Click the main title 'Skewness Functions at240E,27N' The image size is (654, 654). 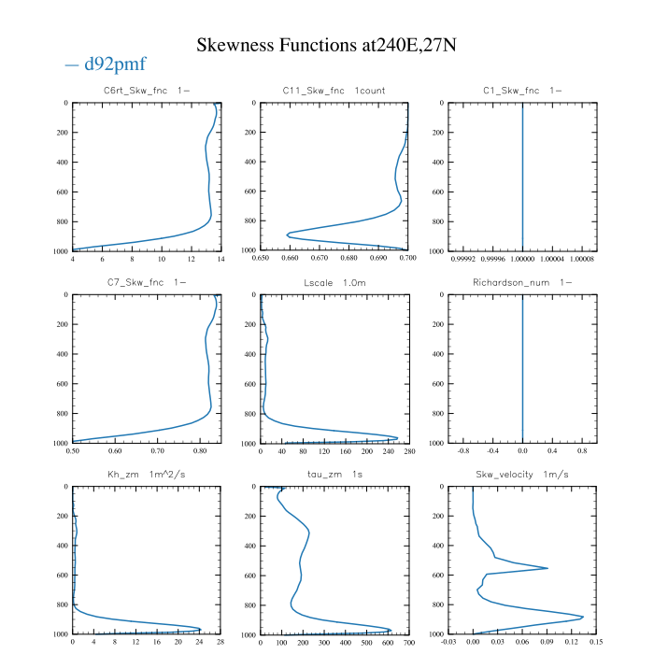pyautogui.click(x=326, y=45)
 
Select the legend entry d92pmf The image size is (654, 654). pyautogui.click(x=106, y=64)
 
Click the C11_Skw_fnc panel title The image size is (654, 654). pyautogui.click(x=334, y=91)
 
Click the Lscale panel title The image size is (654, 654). pyautogui.click(x=334, y=282)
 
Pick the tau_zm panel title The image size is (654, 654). pyautogui.click(x=334, y=475)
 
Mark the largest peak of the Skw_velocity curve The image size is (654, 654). pyautogui.click(x=583, y=617)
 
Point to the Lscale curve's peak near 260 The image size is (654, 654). pyautogui.click(x=398, y=437)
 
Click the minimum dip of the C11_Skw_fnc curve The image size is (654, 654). pyautogui.click(x=288, y=234)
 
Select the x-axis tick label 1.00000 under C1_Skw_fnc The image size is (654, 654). pyautogui.click(x=522, y=258)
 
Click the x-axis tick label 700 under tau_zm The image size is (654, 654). pyautogui.click(x=408, y=642)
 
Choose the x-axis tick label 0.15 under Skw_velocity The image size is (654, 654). pyautogui.click(x=596, y=642)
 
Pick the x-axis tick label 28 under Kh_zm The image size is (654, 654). pyautogui.click(x=220, y=642)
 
